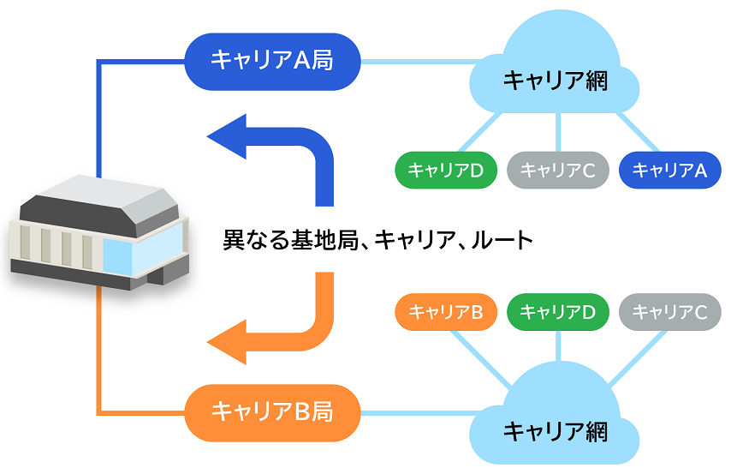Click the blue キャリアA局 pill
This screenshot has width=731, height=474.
tap(272, 61)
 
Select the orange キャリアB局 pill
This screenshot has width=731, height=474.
tap(272, 412)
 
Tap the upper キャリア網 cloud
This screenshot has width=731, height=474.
tap(556, 73)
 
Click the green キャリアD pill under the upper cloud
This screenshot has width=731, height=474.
tap(446, 171)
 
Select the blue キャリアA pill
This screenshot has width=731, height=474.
tap(669, 171)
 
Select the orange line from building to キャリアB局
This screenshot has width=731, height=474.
tap(101, 360)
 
